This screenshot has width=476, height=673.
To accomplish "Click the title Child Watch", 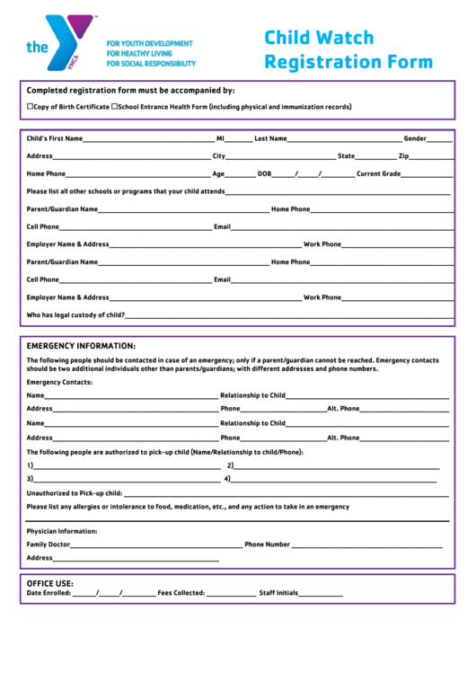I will coord(319,39).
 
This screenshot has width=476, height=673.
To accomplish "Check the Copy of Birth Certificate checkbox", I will coord(30,107).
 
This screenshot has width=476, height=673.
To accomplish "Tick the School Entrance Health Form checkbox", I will coord(114,107).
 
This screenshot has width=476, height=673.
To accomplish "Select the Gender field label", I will coord(414,138).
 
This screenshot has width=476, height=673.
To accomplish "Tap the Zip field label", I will coord(403,156).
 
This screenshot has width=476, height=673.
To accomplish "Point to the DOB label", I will coord(264,173).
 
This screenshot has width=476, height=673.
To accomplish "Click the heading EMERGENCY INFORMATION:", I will coord(81,346).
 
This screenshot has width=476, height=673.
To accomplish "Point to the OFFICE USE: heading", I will coord(50,583).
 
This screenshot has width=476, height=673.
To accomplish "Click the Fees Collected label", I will coord(181,593).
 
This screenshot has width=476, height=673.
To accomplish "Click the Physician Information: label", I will coord(62,531).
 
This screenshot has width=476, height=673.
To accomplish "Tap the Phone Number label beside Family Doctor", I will coord(267,545).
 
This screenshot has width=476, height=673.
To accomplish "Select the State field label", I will coord(346,156).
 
